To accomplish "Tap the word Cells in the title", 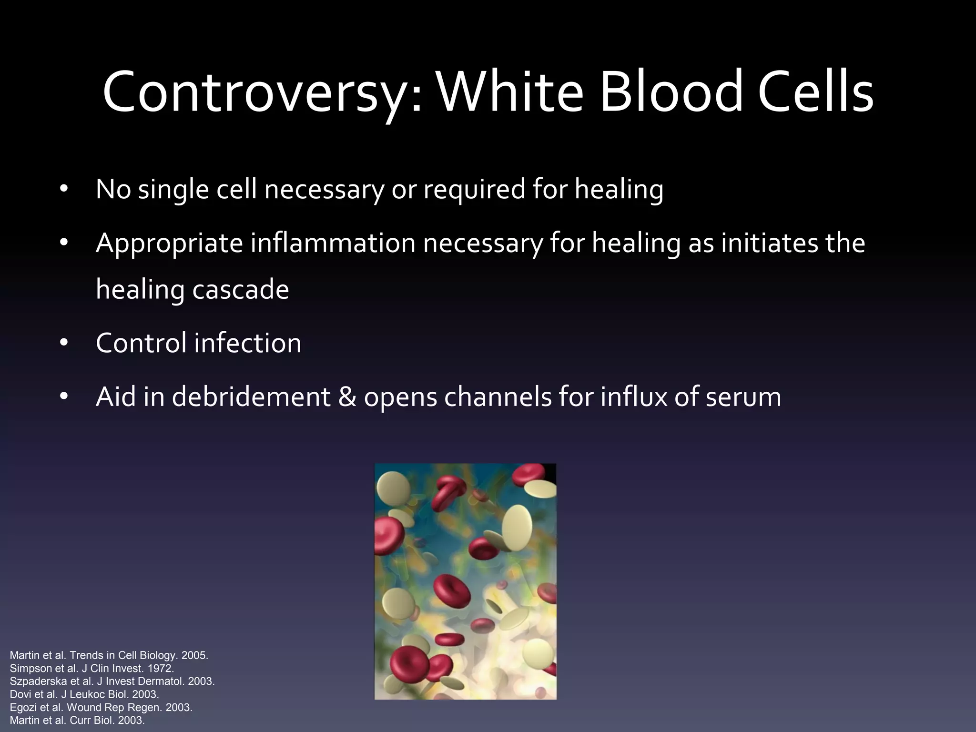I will [x=815, y=92].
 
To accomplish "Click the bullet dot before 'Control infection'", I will [x=64, y=343].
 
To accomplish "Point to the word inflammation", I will [x=333, y=243].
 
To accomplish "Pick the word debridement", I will [x=251, y=397].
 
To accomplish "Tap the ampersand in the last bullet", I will [x=347, y=397].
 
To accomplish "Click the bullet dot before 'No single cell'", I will [x=64, y=190].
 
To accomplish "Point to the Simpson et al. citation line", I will [x=91, y=668].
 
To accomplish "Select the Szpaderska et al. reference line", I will [x=112, y=681].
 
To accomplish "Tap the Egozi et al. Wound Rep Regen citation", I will [x=101, y=707].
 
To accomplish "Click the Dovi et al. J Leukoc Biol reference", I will [x=84, y=694].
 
